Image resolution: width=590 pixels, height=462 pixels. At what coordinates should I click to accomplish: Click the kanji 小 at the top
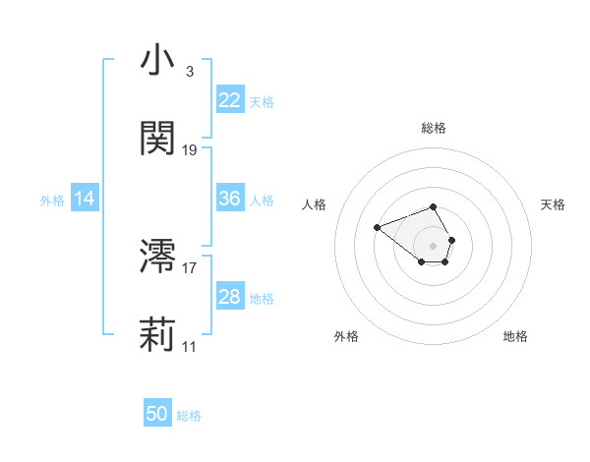point(157,61)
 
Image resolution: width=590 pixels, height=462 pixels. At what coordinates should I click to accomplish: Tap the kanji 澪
point(157,257)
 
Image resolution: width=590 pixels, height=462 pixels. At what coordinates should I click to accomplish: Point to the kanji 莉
point(157,335)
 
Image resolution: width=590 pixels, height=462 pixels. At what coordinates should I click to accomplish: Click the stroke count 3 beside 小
point(190,72)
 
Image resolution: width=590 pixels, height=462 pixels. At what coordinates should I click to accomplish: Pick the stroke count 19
point(190,150)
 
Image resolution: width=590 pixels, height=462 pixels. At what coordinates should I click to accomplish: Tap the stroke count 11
point(190,347)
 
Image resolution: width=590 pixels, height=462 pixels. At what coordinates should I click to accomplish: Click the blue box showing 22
point(230,100)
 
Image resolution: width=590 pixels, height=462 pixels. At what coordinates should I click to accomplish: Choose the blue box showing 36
point(230,199)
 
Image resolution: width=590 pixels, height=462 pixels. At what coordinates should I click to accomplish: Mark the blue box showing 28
point(230,297)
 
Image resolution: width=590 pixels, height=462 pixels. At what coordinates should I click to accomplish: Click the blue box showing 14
point(85,199)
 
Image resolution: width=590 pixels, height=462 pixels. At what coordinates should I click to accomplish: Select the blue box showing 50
point(157,414)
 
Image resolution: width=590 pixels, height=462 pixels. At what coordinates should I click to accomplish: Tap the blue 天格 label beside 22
point(262,101)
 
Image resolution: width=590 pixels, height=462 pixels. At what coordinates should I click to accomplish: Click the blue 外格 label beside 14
point(52,200)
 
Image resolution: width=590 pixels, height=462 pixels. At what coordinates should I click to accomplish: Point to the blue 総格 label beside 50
point(189,415)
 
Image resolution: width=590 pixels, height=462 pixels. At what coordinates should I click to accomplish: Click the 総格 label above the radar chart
point(434,128)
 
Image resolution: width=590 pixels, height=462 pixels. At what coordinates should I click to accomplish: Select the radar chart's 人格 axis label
point(315,204)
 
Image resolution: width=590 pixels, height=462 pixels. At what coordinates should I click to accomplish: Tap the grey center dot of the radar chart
point(434,245)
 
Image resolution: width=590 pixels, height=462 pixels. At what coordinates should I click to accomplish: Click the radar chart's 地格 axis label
point(515,336)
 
